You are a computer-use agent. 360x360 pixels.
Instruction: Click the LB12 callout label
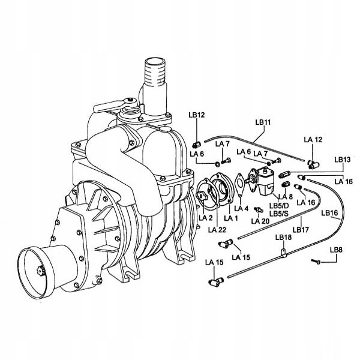[x=197, y=115]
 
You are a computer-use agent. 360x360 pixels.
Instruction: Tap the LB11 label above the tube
[x=263, y=122]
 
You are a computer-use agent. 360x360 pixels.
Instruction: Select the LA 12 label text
[x=313, y=139]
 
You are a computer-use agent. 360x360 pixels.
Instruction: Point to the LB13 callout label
[x=343, y=160]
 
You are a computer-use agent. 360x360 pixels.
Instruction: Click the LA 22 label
[x=217, y=230]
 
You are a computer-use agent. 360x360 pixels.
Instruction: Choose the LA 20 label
[x=260, y=221]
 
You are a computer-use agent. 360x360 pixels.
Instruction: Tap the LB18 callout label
[x=283, y=238]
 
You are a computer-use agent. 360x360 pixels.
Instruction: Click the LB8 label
[x=336, y=250]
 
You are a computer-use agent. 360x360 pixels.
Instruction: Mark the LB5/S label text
[x=279, y=214]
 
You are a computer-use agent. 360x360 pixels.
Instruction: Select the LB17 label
[x=301, y=230]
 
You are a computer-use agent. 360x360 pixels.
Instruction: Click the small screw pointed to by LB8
[x=316, y=261]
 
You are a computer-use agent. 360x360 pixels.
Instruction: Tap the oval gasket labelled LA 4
[x=239, y=184]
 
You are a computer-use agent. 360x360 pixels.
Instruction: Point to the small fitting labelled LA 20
[x=258, y=209]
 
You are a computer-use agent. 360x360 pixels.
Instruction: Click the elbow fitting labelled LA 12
[x=314, y=164]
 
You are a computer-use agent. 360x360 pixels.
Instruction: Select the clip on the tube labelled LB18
[x=284, y=253]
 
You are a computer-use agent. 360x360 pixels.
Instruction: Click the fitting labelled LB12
[x=196, y=145]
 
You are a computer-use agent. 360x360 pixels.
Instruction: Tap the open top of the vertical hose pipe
[x=155, y=62]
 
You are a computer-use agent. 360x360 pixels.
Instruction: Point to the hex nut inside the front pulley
[x=41, y=271]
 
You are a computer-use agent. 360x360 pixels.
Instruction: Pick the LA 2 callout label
[x=206, y=218]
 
